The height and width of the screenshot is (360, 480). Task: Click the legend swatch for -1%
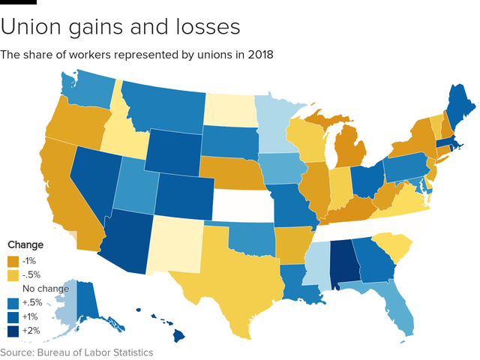tap(12, 262)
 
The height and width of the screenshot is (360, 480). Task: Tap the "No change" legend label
tap(46, 289)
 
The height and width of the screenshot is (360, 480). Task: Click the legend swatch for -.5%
tap(12, 275)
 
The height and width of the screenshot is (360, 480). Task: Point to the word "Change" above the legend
tap(25, 245)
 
